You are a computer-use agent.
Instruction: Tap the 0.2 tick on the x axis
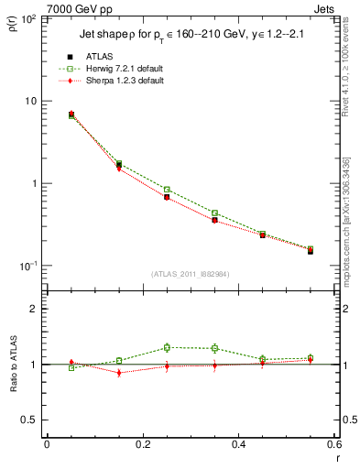142,444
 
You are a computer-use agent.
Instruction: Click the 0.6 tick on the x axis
333,444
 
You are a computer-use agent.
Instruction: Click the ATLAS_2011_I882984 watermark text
190,273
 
